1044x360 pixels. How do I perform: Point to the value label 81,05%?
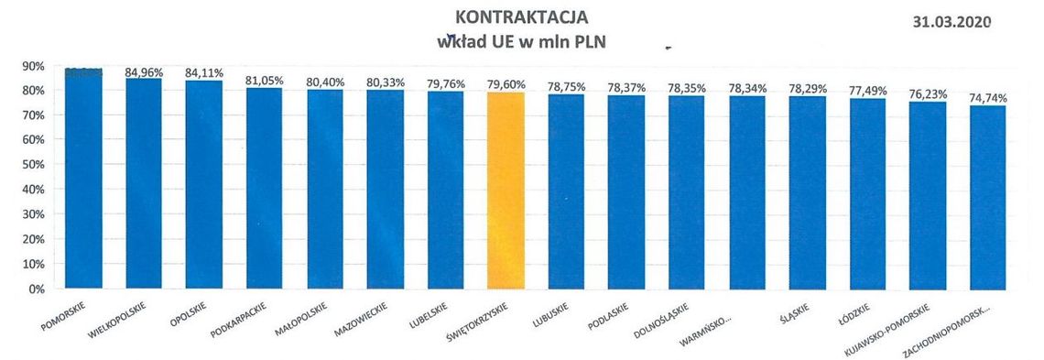[x=265, y=81]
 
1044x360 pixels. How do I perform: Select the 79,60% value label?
[x=506, y=84]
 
